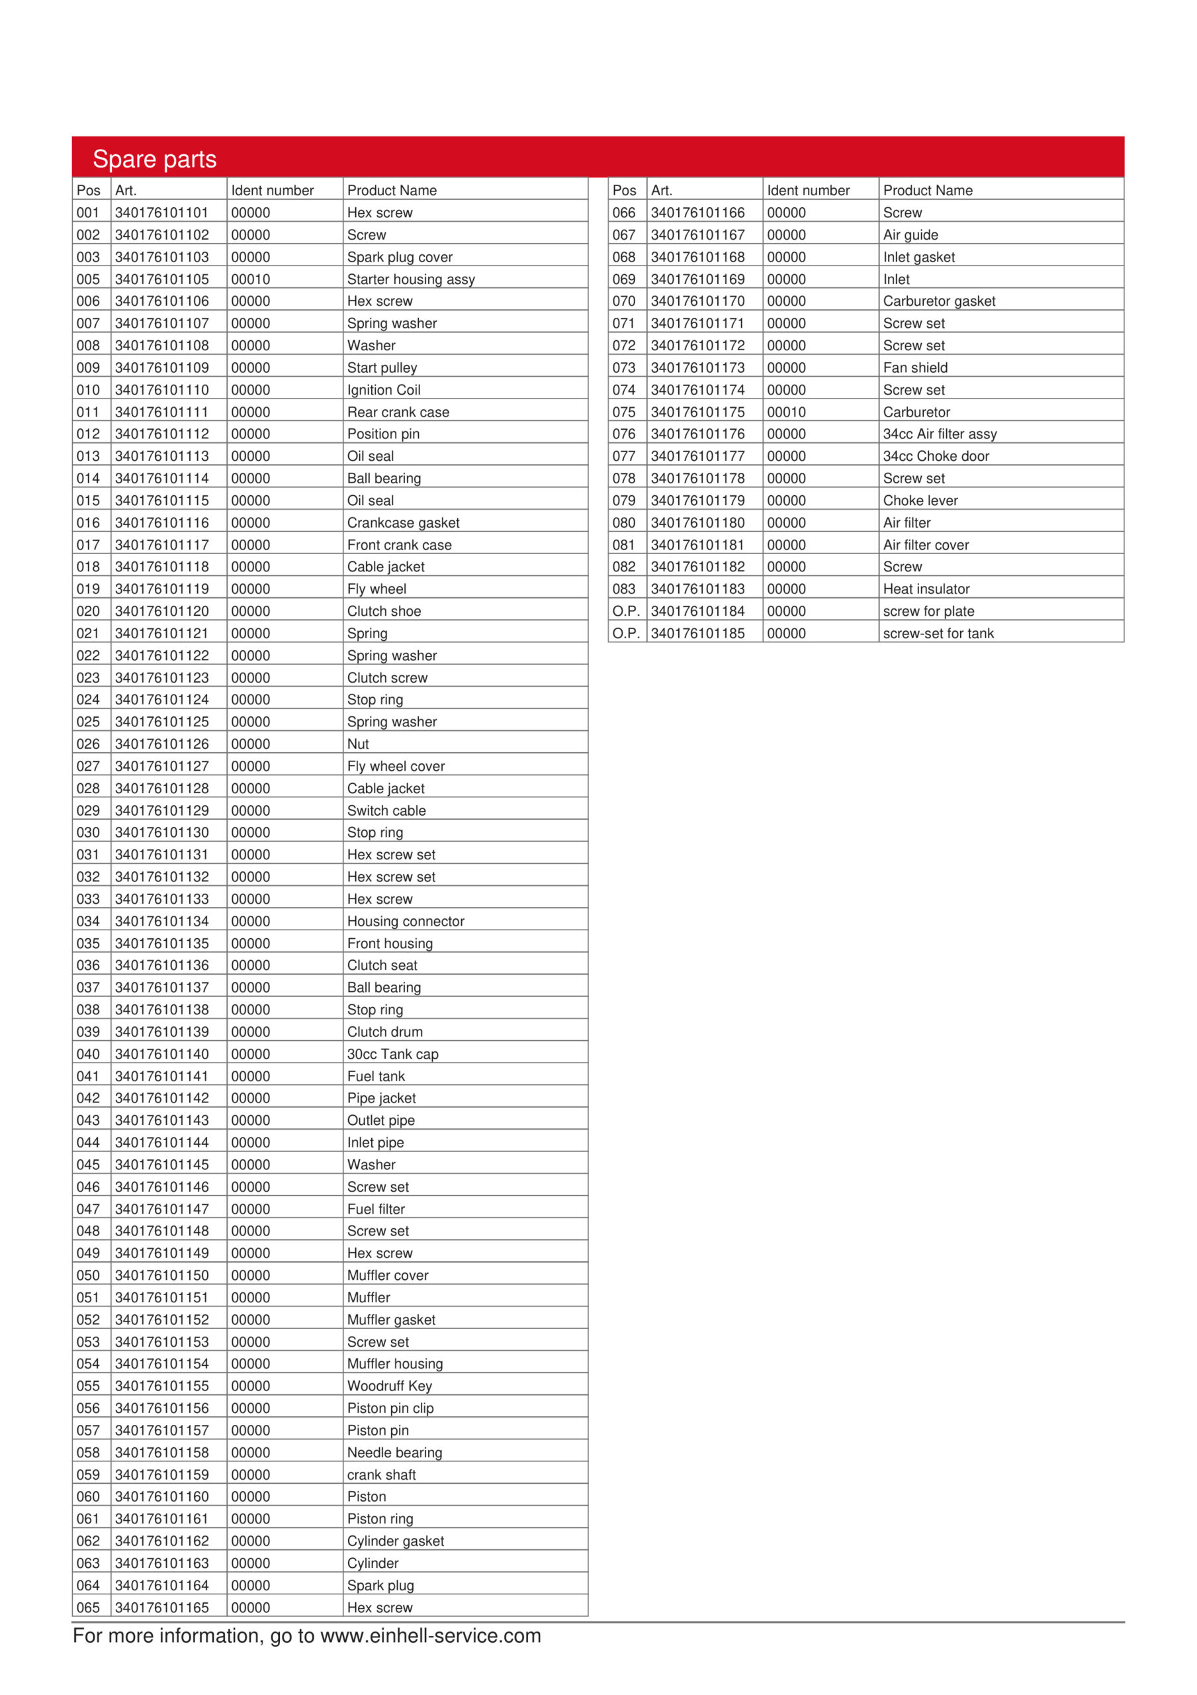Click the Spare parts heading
click(154, 159)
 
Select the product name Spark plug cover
click(399, 257)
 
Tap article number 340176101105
click(161, 279)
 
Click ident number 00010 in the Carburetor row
click(786, 412)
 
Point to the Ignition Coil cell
click(384, 390)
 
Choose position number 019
click(88, 589)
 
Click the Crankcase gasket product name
click(403, 522)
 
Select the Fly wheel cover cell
click(396, 766)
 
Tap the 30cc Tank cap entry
click(392, 1054)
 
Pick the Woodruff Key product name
click(389, 1386)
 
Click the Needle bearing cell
click(394, 1452)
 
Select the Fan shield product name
click(915, 367)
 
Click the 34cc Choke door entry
click(936, 456)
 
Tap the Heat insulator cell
click(926, 589)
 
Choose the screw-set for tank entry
click(938, 634)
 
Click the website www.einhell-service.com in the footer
click(430, 1635)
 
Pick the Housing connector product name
click(405, 921)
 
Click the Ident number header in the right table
click(808, 191)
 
